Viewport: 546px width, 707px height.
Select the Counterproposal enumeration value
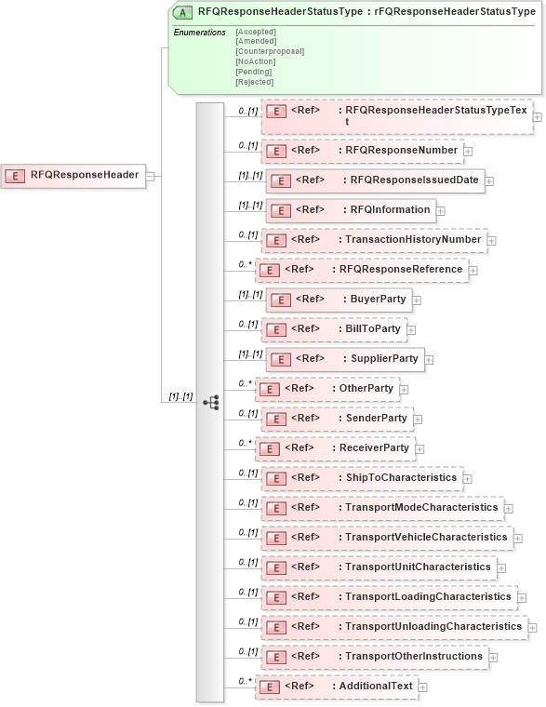pos(270,51)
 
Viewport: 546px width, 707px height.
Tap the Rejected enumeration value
pos(254,82)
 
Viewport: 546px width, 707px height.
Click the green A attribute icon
pos(184,12)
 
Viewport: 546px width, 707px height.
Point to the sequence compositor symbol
pos(211,402)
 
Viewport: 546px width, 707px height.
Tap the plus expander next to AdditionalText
pos(423,687)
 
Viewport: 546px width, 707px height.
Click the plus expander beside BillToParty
pos(411,329)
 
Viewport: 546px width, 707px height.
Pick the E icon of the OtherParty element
pos(268,389)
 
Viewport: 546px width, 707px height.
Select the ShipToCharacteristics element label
pos(397,477)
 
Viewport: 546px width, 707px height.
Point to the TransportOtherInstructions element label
pos(410,656)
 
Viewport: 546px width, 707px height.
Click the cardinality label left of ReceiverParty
pos(246,443)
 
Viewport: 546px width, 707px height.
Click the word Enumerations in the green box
pos(200,33)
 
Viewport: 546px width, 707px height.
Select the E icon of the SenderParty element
pos(274,419)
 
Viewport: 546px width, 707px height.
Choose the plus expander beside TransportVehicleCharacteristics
pos(518,538)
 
